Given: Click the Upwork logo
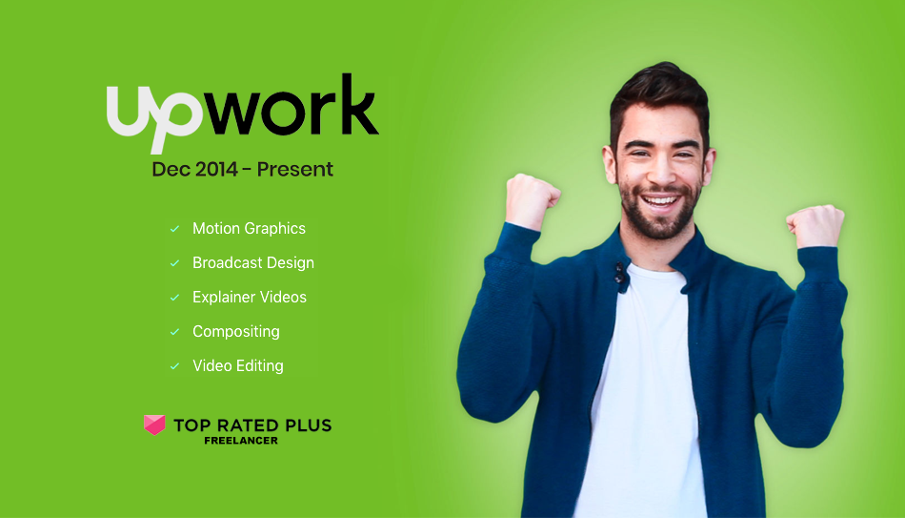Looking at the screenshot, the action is pyautogui.click(x=242, y=114).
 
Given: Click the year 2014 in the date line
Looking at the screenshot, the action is pyautogui.click(x=216, y=170).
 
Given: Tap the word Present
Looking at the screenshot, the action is pyautogui.click(x=295, y=170).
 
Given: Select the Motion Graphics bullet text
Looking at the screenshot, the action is pyautogui.click(x=249, y=228).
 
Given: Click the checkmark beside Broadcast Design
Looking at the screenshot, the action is pyautogui.click(x=174, y=263).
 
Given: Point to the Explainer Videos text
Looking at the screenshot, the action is pyautogui.click(x=250, y=297).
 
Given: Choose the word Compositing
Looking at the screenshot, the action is pyautogui.click(x=236, y=332).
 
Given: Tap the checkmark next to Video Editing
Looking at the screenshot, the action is pyautogui.click(x=174, y=366).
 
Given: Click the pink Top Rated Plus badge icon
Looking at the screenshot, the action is pyautogui.click(x=154, y=425).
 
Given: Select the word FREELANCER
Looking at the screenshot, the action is pyautogui.click(x=241, y=441).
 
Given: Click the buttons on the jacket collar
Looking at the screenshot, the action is pyautogui.click(x=620, y=276).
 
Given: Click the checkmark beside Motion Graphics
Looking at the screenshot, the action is pyautogui.click(x=174, y=229).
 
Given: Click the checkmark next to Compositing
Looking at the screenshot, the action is pyautogui.click(x=174, y=332).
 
